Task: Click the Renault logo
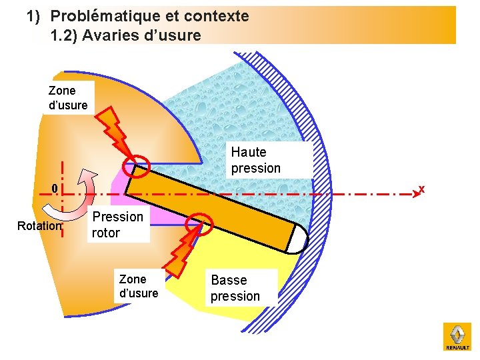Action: tap(457, 337)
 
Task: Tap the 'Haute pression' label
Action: tap(256, 160)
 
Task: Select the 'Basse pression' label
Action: tap(235, 288)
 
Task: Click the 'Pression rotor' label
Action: tap(117, 225)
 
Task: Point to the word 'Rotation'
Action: tap(39, 226)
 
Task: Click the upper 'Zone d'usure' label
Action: tap(68, 97)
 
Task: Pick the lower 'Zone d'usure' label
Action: tap(139, 286)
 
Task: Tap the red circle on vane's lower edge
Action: tap(198, 225)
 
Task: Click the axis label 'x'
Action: tap(421, 189)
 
